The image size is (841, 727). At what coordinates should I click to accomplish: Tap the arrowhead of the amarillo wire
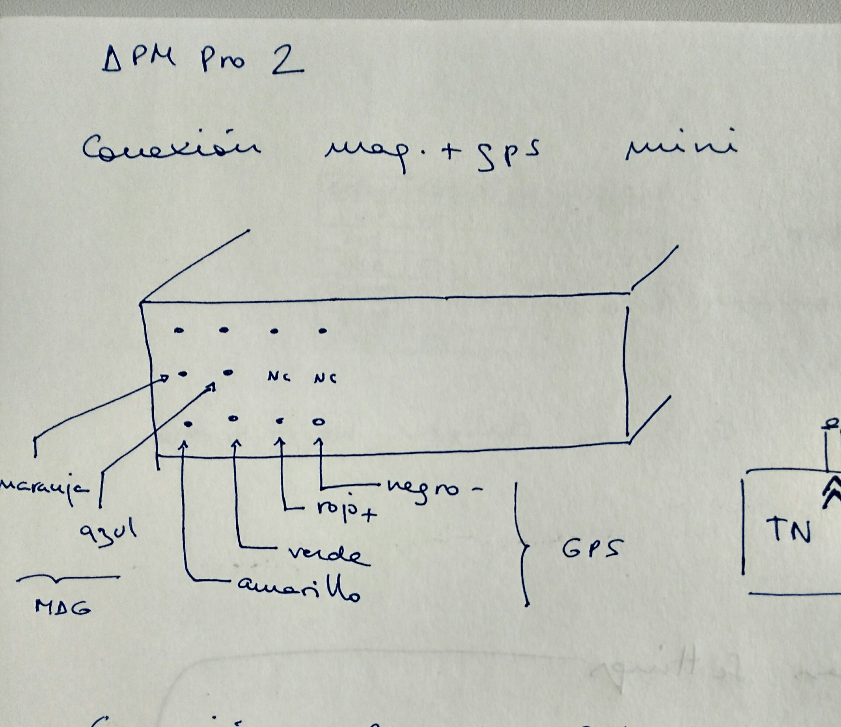tap(185, 444)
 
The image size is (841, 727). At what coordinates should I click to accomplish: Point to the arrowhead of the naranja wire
tap(164, 379)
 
